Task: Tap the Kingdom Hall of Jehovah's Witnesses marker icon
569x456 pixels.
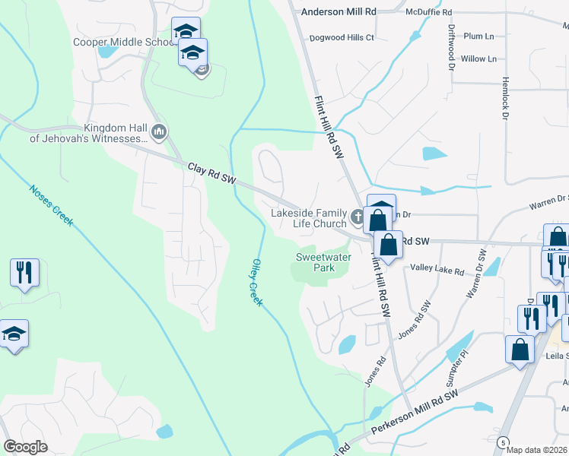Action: coord(159,133)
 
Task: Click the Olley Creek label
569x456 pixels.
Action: coord(256,282)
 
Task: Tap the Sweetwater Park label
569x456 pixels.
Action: coord(315,263)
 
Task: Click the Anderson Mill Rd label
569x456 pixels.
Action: coord(339,12)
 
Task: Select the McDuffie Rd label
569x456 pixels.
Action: coord(429,13)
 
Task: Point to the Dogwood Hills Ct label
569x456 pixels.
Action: coord(342,37)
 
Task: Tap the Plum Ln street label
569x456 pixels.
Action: coord(478,36)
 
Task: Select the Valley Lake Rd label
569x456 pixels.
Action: coord(437,268)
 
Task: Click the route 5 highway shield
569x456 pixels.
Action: coord(503,442)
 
